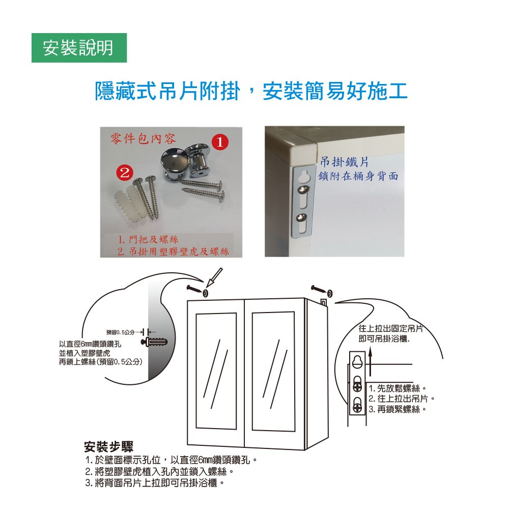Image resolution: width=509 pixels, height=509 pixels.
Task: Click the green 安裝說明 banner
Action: point(79,48)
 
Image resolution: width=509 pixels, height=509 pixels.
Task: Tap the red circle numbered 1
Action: point(220,142)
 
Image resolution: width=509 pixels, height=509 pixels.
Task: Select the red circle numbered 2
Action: point(125,173)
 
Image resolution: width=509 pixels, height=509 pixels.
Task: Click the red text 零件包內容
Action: point(143,139)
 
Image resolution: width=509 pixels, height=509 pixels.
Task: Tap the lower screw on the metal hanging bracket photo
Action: point(302,217)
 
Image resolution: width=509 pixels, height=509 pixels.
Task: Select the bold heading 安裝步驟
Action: point(108,447)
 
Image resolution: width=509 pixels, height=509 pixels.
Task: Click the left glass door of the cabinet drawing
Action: point(216,371)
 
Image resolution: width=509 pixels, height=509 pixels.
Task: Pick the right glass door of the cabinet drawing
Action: point(273,372)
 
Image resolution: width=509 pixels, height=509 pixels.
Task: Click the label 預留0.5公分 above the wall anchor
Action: point(120,332)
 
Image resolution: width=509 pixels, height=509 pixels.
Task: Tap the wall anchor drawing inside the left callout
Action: point(154,342)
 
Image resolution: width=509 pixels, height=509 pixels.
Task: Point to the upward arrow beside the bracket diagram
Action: point(370,360)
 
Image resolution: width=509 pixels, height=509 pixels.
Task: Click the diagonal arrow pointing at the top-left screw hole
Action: point(214,277)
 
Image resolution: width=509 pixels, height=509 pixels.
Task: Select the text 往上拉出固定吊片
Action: point(391,328)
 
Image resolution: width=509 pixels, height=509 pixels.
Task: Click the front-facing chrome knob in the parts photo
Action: point(173,162)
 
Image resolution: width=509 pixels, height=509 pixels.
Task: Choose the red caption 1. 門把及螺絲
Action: point(148,240)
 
